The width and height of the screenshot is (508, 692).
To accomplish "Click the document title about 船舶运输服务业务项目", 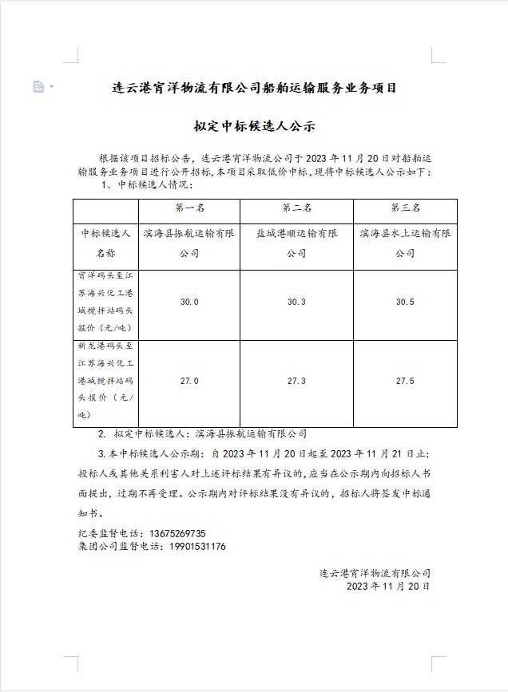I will click(254, 87).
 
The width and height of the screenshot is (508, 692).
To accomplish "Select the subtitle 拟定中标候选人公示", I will click(254, 126).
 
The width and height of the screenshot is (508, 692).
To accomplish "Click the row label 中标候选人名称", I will click(105, 243).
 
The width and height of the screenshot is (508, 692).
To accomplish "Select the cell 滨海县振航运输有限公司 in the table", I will click(190, 243).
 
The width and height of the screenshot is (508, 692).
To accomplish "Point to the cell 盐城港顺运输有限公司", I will click(297, 243).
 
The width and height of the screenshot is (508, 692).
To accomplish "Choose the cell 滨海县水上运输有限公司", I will click(405, 243).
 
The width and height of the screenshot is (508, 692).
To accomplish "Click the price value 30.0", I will click(189, 302).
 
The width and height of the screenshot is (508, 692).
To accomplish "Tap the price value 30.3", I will click(296, 302).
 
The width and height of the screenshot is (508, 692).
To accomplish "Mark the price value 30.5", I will click(405, 302).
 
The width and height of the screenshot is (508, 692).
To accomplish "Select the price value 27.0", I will click(189, 381).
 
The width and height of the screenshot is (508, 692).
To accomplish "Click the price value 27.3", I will click(296, 381).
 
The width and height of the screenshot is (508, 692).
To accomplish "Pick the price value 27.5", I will click(405, 381).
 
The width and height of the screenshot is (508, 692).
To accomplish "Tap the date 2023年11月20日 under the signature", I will click(388, 586).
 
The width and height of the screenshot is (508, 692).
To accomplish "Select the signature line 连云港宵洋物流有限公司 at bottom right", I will click(375, 573).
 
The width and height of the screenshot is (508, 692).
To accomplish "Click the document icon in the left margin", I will click(38, 86).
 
